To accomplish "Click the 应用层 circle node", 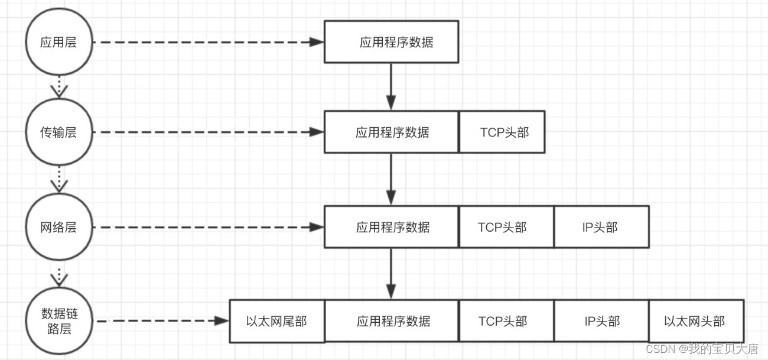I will click(x=58, y=43).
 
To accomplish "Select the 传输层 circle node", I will click(x=58, y=132).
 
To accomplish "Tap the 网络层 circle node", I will click(x=58, y=227).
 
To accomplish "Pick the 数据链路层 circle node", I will click(x=58, y=321).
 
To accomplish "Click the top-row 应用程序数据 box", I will click(x=391, y=42).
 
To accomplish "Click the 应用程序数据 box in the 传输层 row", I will click(x=391, y=132).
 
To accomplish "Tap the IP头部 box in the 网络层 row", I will click(x=601, y=227).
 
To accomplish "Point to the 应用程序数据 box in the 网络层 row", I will click(x=391, y=227).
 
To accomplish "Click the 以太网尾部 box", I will click(x=276, y=321).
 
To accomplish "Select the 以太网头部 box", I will click(x=696, y=321).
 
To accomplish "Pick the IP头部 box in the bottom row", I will click(x=601, y=321).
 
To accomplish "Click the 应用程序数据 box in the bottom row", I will click(x=391, y=321).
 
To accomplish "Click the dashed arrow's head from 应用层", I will click(x=318, y=43).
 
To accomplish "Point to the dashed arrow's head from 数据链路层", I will click(x=222, y=321).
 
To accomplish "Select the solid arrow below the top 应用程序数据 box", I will click(x=390, y=86).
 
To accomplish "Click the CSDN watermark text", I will click(x=701, y=349).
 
